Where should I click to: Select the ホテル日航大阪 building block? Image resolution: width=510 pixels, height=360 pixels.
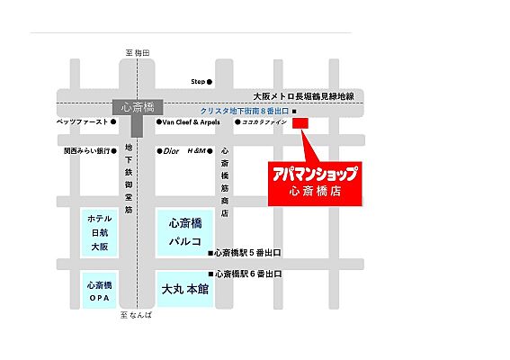click(x=99, y=232)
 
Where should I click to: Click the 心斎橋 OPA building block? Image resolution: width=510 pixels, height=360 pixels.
click(x=99, y=290)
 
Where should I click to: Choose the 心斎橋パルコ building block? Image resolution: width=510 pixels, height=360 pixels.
click(x=184, y=232)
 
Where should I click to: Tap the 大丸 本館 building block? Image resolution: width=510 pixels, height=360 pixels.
click(x=184, y=290)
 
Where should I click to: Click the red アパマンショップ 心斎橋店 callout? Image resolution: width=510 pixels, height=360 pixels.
click(x=314, y=183)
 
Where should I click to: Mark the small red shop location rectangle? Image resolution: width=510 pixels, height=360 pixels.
click(x=300, y=122)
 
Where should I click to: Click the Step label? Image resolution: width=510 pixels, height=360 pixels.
click(x=199, y=82)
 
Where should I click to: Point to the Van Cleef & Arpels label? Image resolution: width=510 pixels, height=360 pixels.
click(x=191, y=121)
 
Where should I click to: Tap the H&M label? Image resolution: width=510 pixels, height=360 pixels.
click(x=196, y=151)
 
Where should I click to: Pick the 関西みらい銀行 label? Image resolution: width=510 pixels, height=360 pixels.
click(x=86, y=151)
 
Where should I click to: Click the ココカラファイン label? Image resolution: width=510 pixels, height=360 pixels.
click(x=263, y=121)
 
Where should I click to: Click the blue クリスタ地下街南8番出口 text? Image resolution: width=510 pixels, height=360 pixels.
click(x=245, y=109)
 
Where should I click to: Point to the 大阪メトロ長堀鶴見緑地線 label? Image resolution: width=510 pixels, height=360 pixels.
click(x=303, y=95)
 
